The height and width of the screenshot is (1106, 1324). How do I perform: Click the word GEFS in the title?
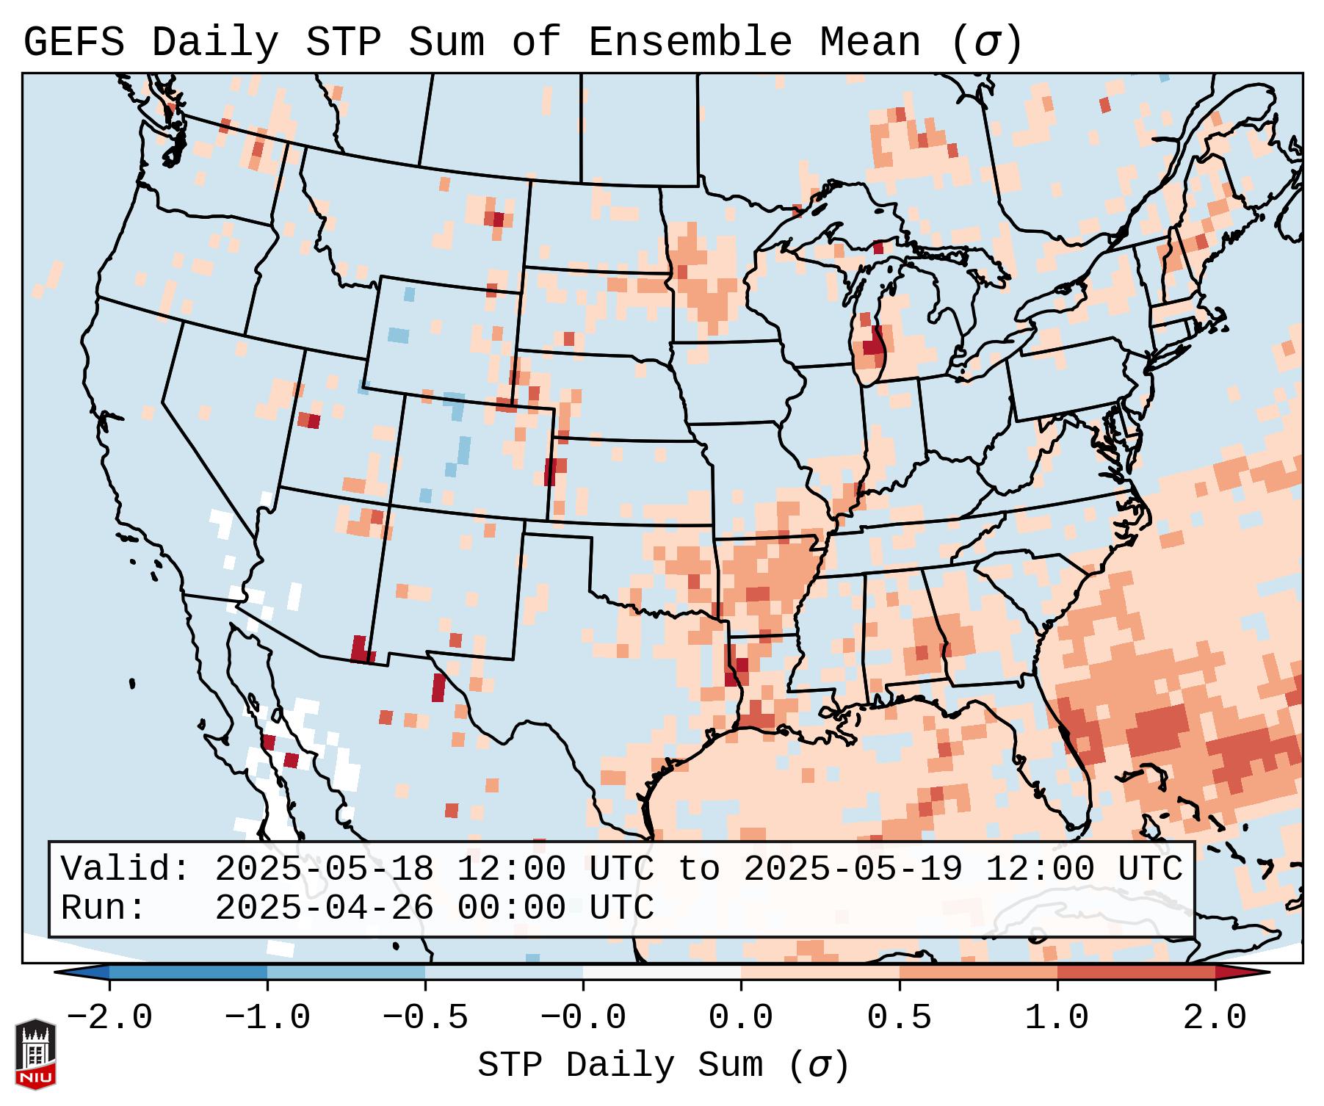click(73, 43)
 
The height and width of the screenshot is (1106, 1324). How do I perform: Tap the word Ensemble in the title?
click(690, 43)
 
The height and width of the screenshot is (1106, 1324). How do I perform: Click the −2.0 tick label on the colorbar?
click(109, 1018)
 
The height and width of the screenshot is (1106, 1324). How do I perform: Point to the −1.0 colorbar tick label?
click(267, 1018)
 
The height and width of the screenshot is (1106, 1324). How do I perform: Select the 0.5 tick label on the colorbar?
click(900, 1018)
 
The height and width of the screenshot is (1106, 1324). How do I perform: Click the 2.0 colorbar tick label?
click(1215, 1018)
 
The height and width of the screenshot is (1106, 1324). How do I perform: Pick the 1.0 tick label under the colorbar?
click(1057, 1018)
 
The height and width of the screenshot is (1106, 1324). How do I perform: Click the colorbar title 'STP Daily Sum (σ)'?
click(663, 1065)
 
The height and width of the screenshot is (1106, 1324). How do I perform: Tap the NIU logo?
click(35, 1053)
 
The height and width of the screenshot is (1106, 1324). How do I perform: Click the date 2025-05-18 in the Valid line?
click(324, 869)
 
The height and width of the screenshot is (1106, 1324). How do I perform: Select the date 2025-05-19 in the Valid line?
click(853, 869)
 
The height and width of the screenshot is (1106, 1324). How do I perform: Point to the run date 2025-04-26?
click(324, 908)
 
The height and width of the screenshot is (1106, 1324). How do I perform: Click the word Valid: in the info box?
click(125, 869)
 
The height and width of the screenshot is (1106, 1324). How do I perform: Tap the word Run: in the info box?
click(103, 908)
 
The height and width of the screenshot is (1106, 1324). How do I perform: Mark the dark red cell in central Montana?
click(499, 219)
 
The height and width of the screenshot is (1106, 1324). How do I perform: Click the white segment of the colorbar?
click(662, 972)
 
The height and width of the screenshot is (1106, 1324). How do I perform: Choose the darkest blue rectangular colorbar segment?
click(188, 972)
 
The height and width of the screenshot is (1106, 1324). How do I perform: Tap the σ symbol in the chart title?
click(986, 43)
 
